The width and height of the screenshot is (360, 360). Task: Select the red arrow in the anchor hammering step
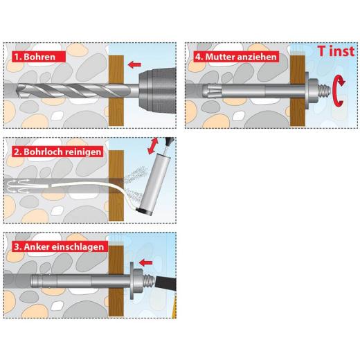tap(145, 262)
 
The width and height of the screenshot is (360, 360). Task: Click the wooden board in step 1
tap(115, 90)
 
